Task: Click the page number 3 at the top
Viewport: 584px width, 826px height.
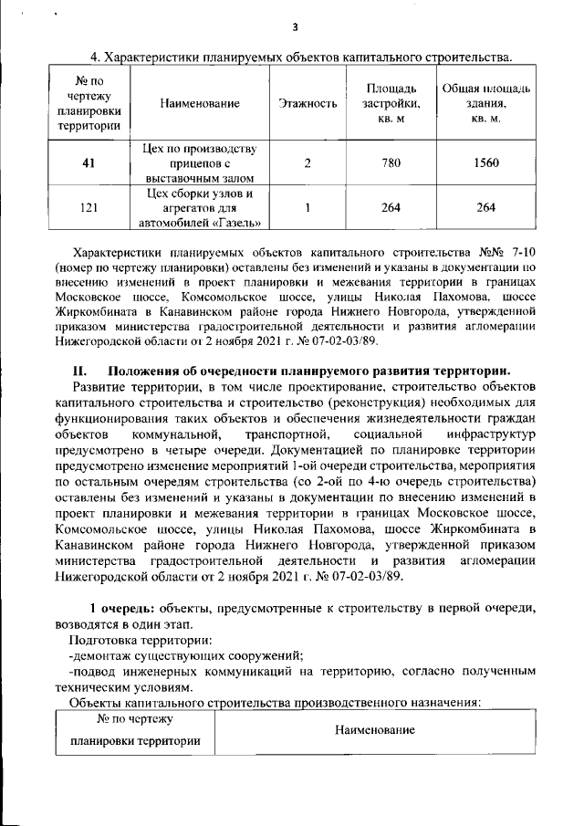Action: (295, 26)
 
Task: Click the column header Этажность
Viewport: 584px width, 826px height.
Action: (308, 104)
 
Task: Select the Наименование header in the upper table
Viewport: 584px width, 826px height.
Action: (200, 104)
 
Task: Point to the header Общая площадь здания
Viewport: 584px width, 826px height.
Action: (485, 103)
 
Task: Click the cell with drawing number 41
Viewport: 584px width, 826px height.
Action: (89, 162)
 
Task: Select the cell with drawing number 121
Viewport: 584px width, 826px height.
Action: (89, 207)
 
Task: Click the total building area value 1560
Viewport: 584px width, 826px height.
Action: (486, 162)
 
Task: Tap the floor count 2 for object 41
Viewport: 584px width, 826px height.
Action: (308, 162)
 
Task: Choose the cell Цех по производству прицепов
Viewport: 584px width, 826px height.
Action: (200, 162)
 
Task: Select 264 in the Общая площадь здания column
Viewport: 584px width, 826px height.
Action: (486, 207)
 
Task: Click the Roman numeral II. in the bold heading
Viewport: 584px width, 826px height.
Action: (78, 371)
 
